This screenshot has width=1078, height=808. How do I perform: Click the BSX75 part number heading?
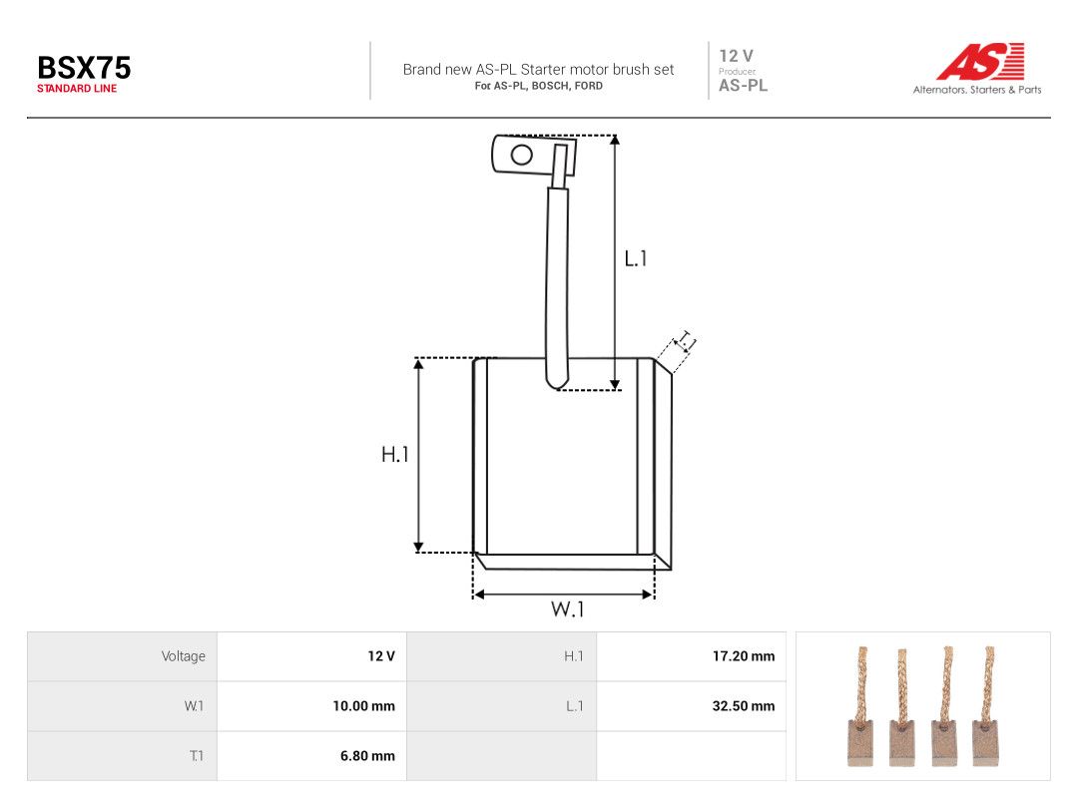84,68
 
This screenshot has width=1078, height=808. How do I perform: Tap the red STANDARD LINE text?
77,89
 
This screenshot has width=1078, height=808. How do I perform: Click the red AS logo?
980,61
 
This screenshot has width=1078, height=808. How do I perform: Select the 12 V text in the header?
737,56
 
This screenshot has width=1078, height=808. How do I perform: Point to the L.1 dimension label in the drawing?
635,258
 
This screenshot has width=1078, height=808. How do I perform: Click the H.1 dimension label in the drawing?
394,454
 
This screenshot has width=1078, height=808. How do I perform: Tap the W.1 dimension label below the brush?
567,608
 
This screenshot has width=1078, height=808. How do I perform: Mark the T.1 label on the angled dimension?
687,341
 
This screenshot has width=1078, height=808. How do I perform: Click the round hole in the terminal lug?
522,155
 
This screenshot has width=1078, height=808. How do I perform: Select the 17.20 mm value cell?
691,656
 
